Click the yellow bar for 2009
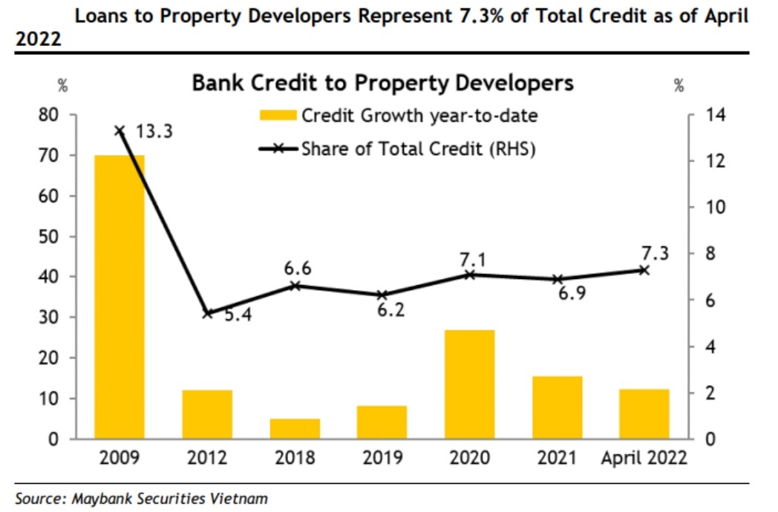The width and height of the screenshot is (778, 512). click(119, 297)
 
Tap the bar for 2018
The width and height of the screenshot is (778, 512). click(295, 429)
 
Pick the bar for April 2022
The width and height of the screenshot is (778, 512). click(644, 413)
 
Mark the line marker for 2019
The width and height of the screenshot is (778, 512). click(382, 295)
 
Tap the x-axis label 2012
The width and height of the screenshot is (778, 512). click(207, 458)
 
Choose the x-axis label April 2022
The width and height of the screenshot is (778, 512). click(644, 458)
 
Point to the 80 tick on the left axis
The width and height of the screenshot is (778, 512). click(49, 116)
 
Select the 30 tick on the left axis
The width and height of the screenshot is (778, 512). click(49, 318)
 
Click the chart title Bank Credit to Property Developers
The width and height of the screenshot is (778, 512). click(382, 82)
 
